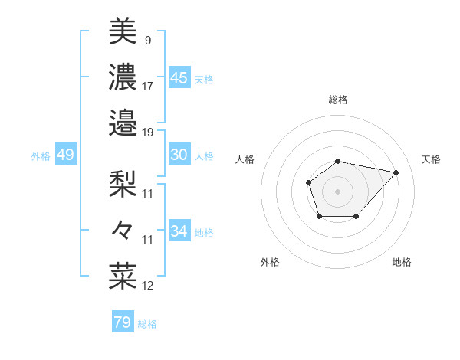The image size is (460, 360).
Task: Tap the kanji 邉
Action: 123,121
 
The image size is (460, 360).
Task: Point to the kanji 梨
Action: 123,182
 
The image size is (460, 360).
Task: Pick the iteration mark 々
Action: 123,228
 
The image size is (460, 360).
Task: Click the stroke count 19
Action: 148,132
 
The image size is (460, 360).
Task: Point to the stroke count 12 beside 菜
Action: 148,286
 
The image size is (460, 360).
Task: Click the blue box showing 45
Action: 179,78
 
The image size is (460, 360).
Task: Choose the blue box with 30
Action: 179,155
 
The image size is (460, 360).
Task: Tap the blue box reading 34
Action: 179,231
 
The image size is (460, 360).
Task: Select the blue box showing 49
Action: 65,155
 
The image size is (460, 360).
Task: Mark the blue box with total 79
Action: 122,322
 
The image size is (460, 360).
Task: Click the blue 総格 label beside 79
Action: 147,324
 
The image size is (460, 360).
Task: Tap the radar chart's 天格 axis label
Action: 431,159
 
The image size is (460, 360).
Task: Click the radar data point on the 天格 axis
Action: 396,172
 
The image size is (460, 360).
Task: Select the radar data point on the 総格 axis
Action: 338,161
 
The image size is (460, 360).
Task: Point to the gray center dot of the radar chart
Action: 338,191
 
